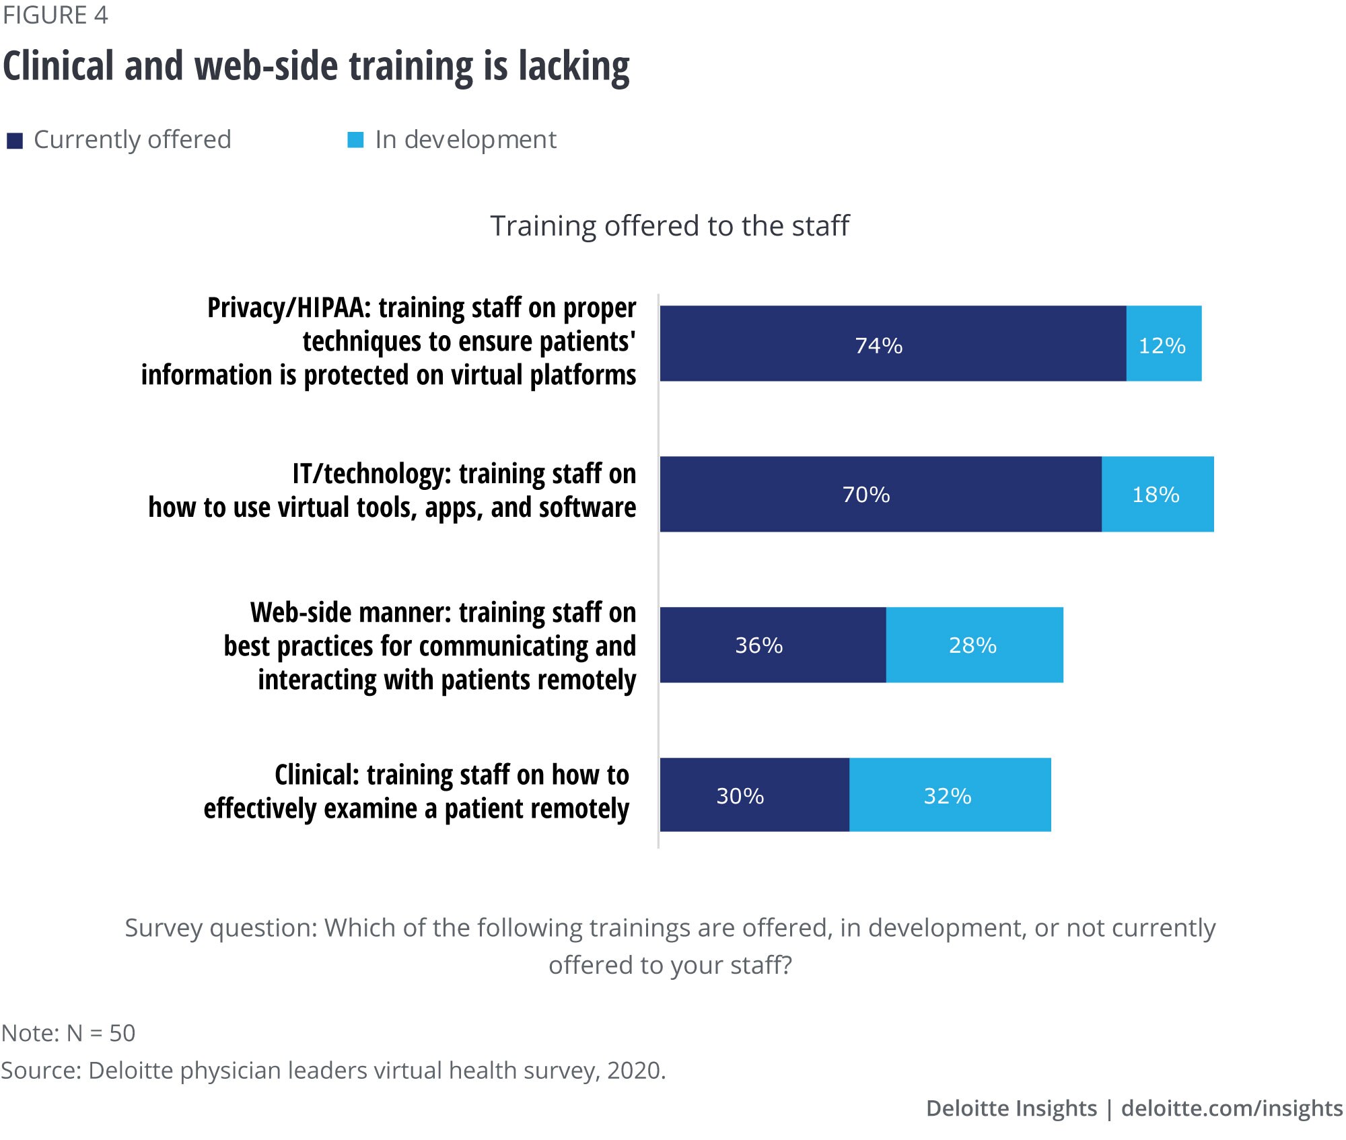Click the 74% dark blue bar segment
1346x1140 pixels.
(x=892, y=344)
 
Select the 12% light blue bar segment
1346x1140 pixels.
(x=1164, y=344)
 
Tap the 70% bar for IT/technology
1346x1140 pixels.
(x=880, y=495)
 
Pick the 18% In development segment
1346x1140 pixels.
(x=1158, y=495)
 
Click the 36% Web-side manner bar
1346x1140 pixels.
(x=773, y=645)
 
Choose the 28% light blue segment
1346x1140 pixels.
(x=974, y=645)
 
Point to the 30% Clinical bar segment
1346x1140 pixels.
(x=754, y=795)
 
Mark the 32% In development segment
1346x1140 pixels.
(x=950, y=795)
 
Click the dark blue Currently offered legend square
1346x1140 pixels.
(x=15, y=141)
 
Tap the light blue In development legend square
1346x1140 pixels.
(x=355, y=140)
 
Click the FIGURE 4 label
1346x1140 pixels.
(x=55, y=15)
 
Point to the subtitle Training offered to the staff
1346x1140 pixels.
(x=670, y=226)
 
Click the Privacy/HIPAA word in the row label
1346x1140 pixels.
(x=289, y=308)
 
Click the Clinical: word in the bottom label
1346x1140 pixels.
(x=317, y=775)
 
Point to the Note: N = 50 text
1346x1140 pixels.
(x=69, y=1033)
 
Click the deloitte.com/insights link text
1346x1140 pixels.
(x=1232, y=1108)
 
